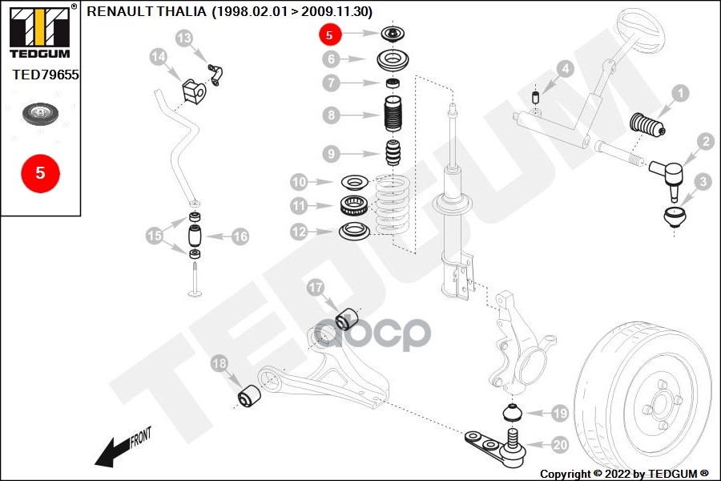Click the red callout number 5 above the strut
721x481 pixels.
coord(330,34)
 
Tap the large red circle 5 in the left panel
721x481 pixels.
coord(40,172)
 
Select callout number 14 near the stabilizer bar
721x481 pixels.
coord(159,57)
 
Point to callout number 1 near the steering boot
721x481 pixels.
coord(679,94)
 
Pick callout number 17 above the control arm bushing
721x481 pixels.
coord(315,286)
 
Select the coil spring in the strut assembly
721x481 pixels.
coord(392,204)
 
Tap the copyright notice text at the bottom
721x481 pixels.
coord(624,473)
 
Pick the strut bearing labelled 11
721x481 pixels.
coord(354,206)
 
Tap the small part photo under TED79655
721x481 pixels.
coord(40,114)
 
